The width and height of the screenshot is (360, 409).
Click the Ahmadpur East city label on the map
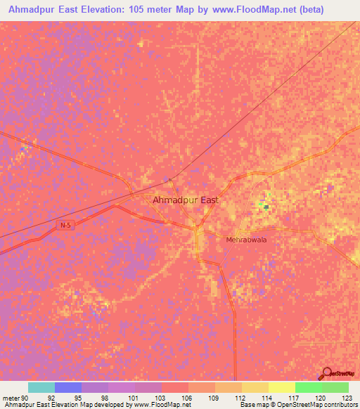pos(186,200)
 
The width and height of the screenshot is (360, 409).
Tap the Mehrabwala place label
pos(246,240)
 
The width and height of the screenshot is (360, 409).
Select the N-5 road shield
pos(65,225)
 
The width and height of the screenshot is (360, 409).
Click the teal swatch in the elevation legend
pos(41,387)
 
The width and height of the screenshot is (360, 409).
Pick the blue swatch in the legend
pos(68,387)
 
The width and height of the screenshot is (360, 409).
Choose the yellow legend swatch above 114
pos(255,387)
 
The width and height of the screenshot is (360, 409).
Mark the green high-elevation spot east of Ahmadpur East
pos(264,205)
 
